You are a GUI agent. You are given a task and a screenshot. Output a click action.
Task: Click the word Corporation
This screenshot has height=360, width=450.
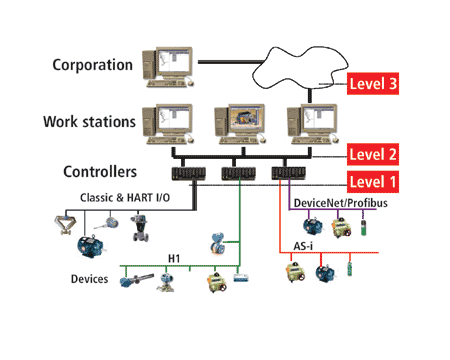[91, 66]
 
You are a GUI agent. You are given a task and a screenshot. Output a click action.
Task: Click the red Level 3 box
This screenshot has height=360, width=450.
[374, 85]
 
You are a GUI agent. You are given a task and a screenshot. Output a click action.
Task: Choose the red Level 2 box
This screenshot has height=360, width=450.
[374, 155]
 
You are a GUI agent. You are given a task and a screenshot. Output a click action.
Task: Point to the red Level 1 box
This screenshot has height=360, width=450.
[374, 182]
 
